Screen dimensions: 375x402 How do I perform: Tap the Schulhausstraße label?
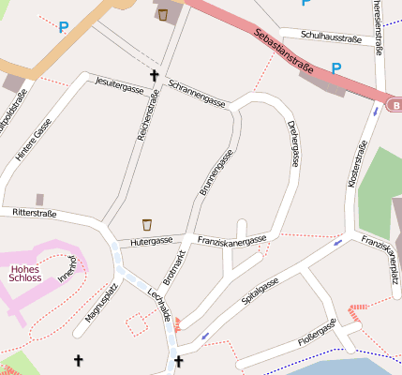pyautogui.click(x=332, y=36)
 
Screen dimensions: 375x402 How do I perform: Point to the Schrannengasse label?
pyautogui.click(x=197, y=92)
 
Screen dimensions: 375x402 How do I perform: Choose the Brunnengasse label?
pyautogui.click(x=216, y=172)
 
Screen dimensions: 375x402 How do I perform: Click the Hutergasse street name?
pyautogui.click(x=152, y=241)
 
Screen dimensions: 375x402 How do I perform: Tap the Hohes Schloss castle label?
pyautogui.click(x=24, y=272)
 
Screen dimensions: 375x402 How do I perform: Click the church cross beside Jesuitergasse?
pyautogui.click(x=155, y=74)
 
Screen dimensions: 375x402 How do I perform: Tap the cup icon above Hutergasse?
pyautogui.click(x=147, y=224)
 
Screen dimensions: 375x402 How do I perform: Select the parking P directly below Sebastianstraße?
pyautogui.click(x=335, y=67)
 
